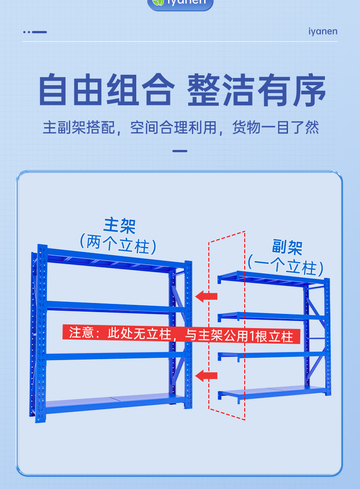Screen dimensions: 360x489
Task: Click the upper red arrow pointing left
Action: (x=206, y=297)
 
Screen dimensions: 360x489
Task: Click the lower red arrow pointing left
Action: (x=206, y=376)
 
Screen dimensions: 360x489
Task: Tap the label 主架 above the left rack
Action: (x=120, y=226)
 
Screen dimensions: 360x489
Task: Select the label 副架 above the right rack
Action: (x=287, y=247)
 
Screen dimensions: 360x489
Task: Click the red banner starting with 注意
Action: (x=181, y=335)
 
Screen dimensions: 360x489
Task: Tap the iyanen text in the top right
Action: (x=323, y=31)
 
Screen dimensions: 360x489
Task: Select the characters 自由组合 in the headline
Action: (x=106, y=89)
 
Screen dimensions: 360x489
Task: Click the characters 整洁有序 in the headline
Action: (x=257, y=89)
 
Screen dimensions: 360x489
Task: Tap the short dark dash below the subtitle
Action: (x=180, y=151)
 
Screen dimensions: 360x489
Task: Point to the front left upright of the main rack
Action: (x=42, y=333)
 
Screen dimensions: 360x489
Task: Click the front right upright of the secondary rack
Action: (x=327, y=337)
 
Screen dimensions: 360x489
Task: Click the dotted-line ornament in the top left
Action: (x=35, y=32)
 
